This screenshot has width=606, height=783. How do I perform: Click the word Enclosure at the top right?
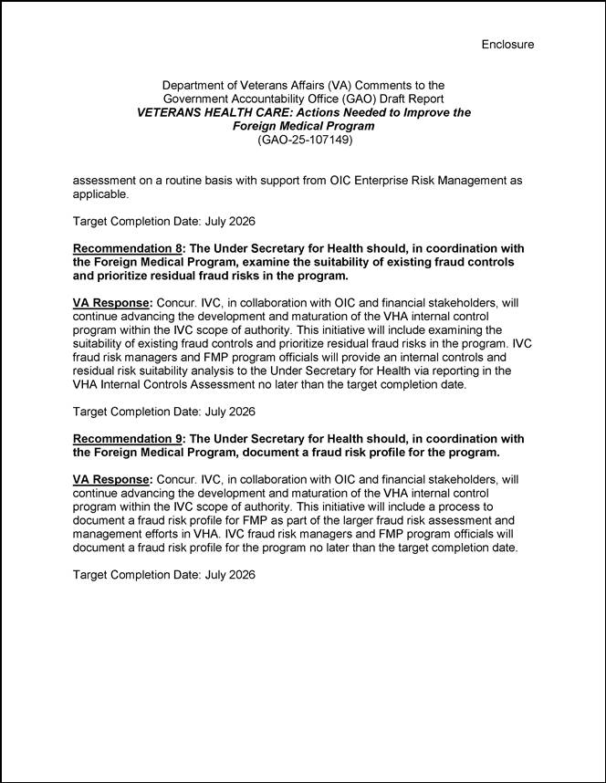tap(507, 44)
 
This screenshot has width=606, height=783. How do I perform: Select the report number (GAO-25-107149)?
tap(304, 141)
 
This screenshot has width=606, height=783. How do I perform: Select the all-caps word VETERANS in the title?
tap(170, 112)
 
